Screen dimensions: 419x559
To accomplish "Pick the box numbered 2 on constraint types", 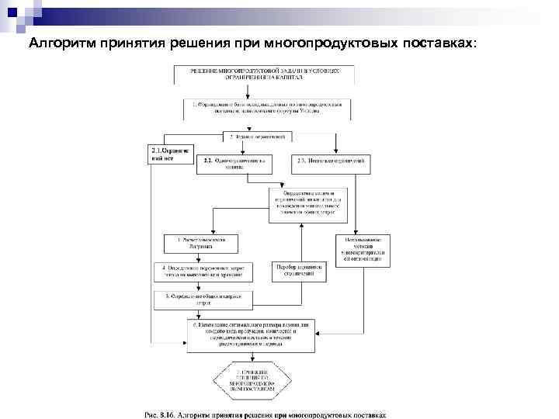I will point(257,137).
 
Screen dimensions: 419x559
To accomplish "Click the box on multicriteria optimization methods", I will point(363,251).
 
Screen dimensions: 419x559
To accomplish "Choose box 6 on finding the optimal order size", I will point(252,330).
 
